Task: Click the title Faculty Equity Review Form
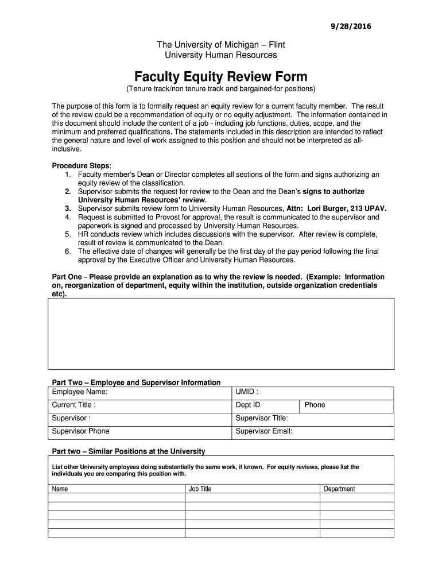221,76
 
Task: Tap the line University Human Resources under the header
221,55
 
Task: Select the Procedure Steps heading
82,165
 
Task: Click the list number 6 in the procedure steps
68,251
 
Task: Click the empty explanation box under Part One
221,334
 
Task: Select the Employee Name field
140,393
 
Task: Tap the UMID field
313,393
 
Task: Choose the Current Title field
140,405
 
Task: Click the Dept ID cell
265,405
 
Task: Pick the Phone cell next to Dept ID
347,405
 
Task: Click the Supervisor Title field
313,419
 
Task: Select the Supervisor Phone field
140,431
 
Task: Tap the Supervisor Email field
313,431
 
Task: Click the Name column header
60,489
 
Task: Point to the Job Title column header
200,489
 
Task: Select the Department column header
339,489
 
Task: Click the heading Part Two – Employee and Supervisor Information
136,382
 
